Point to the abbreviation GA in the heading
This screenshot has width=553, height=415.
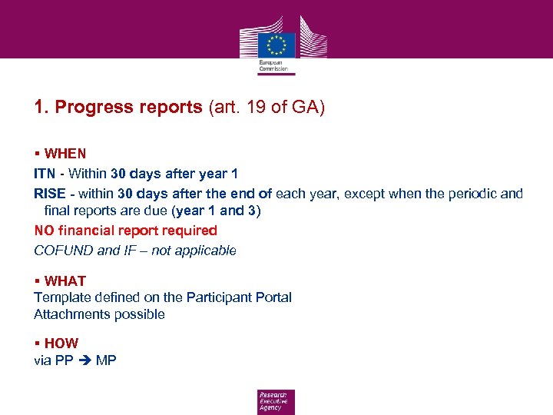coord(308,107)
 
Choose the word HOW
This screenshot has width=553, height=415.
coord(61,344)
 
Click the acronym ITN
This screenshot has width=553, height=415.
coord(45,174)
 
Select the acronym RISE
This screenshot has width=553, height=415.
coord(50,194)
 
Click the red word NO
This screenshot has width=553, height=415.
coord(44,231)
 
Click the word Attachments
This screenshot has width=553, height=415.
coord(71,314)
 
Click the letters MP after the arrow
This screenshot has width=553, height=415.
coord(106,360)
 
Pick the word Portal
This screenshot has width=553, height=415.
coord(273,297)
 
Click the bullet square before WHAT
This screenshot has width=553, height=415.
coord(37,281)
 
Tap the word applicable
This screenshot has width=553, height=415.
coord(207,251)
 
